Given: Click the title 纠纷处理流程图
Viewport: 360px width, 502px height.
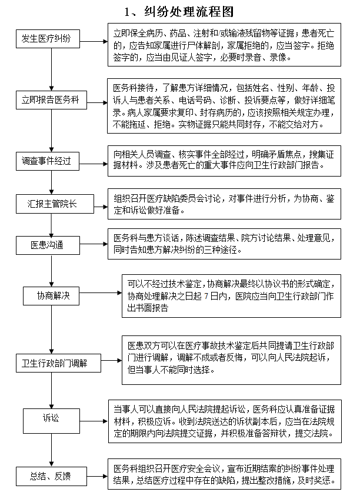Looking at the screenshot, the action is [189, 12].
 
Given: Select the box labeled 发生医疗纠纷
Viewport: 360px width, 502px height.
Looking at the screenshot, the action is [48, 39].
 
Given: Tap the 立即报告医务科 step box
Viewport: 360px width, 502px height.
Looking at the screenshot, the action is [51, 100].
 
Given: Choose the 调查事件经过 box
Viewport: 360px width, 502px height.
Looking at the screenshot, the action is [48, 161].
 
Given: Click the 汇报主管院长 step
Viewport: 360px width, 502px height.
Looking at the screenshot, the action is [55, 204].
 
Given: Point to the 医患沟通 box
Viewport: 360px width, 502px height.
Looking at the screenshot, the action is [48, 245].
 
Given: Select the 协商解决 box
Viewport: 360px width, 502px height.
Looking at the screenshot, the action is [51, 296].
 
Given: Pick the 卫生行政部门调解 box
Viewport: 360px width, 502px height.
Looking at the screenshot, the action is [58, 363].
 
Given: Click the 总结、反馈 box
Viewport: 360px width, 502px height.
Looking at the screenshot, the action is [51, 476].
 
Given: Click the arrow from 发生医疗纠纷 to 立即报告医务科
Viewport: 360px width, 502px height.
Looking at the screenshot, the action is [52, 69].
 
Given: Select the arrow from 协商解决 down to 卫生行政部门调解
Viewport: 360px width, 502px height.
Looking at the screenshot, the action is [52, 330].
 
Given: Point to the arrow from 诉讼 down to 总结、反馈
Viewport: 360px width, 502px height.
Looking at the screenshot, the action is [52, 450].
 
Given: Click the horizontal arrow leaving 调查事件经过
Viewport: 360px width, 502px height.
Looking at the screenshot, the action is [94, 164].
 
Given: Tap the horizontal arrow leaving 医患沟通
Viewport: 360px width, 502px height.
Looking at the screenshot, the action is [94, 244].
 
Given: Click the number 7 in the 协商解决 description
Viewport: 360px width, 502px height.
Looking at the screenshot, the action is [206, 296].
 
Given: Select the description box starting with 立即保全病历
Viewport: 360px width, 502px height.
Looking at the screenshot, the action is [224, 45].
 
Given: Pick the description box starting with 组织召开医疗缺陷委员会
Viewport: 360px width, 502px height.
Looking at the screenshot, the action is [224, 204].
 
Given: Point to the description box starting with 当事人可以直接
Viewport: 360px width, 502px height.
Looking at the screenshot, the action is [225, 421].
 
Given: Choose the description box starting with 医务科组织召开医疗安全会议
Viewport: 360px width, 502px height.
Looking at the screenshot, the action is [224, 474].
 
